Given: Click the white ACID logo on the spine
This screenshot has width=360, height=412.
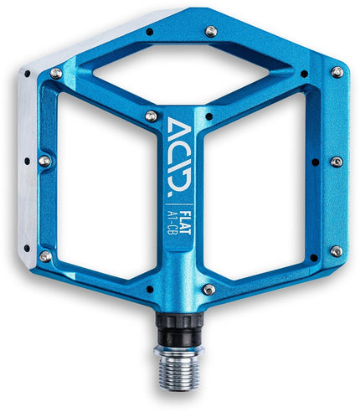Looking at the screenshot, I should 179,150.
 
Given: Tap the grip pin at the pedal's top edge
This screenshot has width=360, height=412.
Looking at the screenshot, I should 211,31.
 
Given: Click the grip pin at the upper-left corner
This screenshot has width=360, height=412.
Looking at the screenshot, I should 56,74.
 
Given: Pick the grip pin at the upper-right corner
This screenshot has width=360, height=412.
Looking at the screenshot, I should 337,72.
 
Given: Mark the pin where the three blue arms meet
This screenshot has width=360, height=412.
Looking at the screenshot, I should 152,116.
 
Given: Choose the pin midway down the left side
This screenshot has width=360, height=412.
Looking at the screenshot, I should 44,160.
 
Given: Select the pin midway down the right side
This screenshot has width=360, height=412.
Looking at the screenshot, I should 336,162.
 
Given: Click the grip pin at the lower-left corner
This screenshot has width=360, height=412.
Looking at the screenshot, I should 44,255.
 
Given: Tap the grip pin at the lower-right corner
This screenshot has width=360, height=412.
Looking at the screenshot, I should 336,250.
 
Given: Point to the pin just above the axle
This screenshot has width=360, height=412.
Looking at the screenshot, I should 208,290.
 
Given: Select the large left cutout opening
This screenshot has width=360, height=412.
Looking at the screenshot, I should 100,193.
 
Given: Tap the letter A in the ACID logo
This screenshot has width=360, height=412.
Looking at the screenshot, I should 179,128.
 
